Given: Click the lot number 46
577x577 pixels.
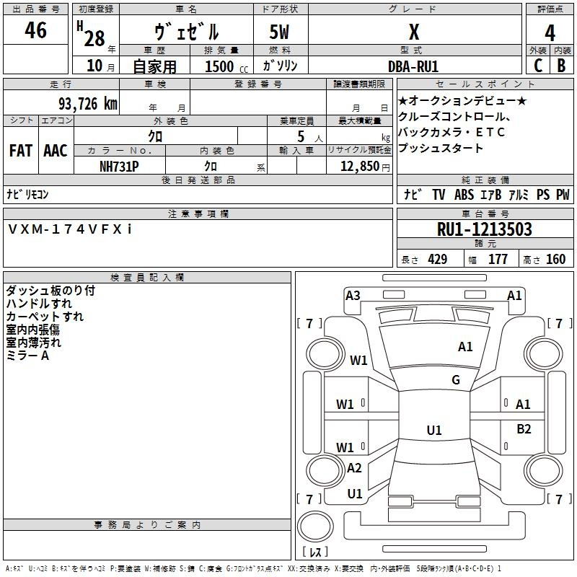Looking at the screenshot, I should tap(35, 30).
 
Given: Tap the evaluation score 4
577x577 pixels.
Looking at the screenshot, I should tap(550, 32).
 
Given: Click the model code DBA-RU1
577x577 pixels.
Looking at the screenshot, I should tap(414, 66).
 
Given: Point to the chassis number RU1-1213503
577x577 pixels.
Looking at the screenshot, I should tap(485, 229).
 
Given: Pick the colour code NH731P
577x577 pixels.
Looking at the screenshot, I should tap(120, 166).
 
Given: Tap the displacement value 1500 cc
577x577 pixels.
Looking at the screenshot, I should tap(219, 66).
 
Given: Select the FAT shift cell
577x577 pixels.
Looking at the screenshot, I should tap(20, 151).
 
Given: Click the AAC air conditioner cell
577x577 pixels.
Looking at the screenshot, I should tap(56, 151).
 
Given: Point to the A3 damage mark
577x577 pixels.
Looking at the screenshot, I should tap(353, 295).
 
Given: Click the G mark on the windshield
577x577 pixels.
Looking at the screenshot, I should tap(456, 380).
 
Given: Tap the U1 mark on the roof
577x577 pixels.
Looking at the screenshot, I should tap(433, 431).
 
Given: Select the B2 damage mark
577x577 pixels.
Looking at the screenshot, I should tap(524, 429).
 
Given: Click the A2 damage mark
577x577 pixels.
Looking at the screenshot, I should tap(354, 467).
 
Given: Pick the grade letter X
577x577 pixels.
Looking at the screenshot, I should tap(414, 32).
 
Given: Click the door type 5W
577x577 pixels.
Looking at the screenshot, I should tap(281, 32).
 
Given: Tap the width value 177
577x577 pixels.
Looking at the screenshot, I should tap(498, 260).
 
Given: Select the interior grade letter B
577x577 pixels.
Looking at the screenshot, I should tap(561, 66).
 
